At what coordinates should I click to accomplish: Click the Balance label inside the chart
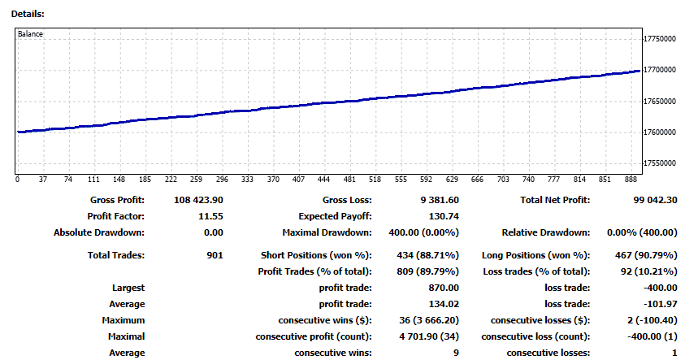pos(31,34)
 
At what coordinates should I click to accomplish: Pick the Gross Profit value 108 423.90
pos(199,200)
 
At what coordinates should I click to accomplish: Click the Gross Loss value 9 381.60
pos(436,200)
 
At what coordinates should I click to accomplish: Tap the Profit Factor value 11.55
pos(211,216)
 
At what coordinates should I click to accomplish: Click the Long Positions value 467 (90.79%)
pos(649,255)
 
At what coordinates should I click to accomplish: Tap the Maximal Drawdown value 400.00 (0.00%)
pos(419,232)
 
